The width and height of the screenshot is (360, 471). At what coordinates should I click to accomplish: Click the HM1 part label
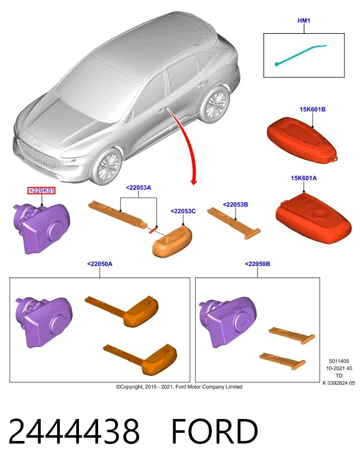(x=304, y=21)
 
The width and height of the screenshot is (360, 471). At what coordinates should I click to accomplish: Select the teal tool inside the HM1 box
(x=300, y=55)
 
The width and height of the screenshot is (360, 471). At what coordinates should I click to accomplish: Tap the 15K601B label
(x=312, y=109)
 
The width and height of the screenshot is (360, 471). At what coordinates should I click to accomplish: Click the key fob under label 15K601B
(x=302, y=141)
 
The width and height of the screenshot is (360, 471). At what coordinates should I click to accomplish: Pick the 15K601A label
(x=304, y=178)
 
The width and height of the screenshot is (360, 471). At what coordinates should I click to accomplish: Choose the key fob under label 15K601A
(x=313, y=217)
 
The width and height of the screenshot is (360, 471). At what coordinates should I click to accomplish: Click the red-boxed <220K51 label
(x=41, y=190)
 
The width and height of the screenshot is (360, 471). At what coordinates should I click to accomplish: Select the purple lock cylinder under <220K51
(x=41, y=228)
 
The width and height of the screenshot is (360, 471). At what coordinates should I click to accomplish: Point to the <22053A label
(x=138, y=188)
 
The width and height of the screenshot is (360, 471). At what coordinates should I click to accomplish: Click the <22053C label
(x=183, y=211)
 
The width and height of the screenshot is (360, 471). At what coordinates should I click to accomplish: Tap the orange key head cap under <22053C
(x=172, y=242)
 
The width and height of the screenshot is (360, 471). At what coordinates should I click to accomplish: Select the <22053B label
(x=235, y=205)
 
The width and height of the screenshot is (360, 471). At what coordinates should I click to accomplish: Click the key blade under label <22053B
(x=234, y=223)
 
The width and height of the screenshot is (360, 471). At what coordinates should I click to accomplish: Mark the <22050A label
(x=100, y=264)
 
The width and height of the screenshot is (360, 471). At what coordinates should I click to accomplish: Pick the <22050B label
(x=257, y=264)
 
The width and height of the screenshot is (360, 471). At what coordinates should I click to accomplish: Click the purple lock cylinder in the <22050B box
(x=228, y=322)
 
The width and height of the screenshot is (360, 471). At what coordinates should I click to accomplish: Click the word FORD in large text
(x=215, y=432)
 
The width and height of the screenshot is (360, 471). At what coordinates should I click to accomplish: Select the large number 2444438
(x=74, y=432)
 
